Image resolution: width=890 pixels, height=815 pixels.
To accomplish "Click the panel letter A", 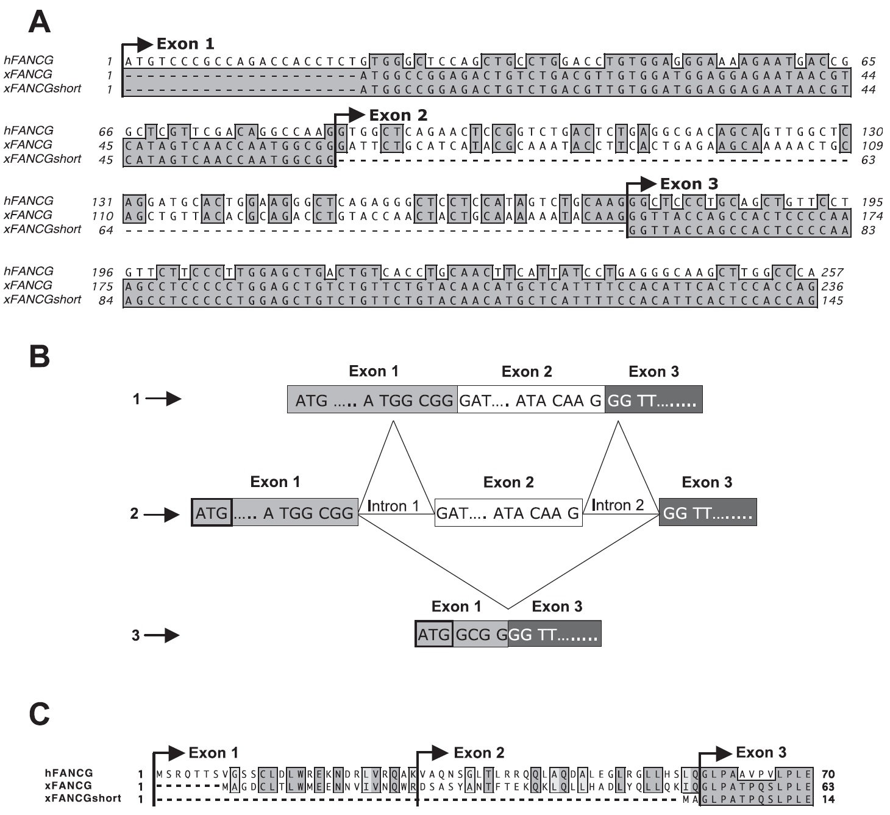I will point(40,23).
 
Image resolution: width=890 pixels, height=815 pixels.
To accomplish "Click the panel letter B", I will point(40,357).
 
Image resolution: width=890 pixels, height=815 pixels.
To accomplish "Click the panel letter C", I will point(40,714).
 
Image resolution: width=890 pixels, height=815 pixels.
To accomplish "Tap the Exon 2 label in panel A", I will point(398,115).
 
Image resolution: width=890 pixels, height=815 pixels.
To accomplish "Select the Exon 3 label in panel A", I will point(689,184).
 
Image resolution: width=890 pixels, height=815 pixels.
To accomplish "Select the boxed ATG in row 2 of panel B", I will point(212,513).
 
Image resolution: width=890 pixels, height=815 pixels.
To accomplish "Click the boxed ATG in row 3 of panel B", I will point(433,635).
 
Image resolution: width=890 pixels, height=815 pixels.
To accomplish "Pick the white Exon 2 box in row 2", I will point(508,513).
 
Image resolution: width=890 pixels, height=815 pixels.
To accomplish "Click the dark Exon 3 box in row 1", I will point(653,400).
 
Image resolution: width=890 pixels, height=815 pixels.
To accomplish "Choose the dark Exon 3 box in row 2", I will point(707,513).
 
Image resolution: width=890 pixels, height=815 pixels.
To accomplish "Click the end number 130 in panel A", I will point(872,132).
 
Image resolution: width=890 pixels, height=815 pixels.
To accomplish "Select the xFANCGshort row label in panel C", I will point(83,798).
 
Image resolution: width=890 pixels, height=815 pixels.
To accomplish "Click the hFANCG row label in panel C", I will point(68,773).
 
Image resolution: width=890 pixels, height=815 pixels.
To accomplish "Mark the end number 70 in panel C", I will point(827,774).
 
